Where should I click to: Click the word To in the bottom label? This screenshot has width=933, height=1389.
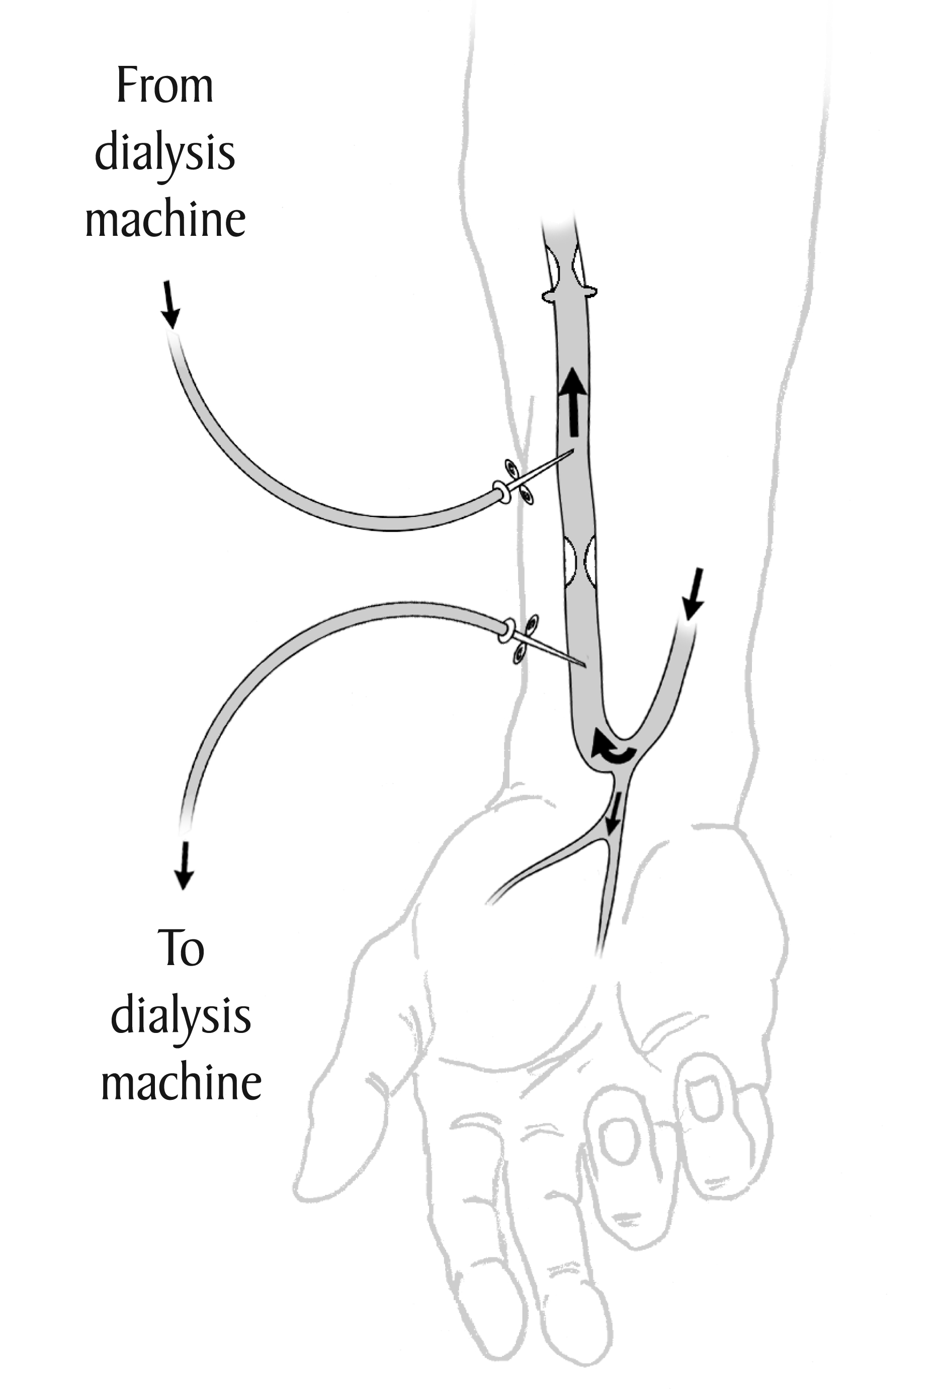181,948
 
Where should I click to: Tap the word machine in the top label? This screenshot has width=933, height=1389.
165,220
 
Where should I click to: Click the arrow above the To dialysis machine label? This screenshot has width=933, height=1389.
184,865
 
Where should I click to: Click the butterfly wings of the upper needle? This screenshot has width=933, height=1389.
518,482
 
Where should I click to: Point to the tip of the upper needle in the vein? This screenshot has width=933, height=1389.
572,451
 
